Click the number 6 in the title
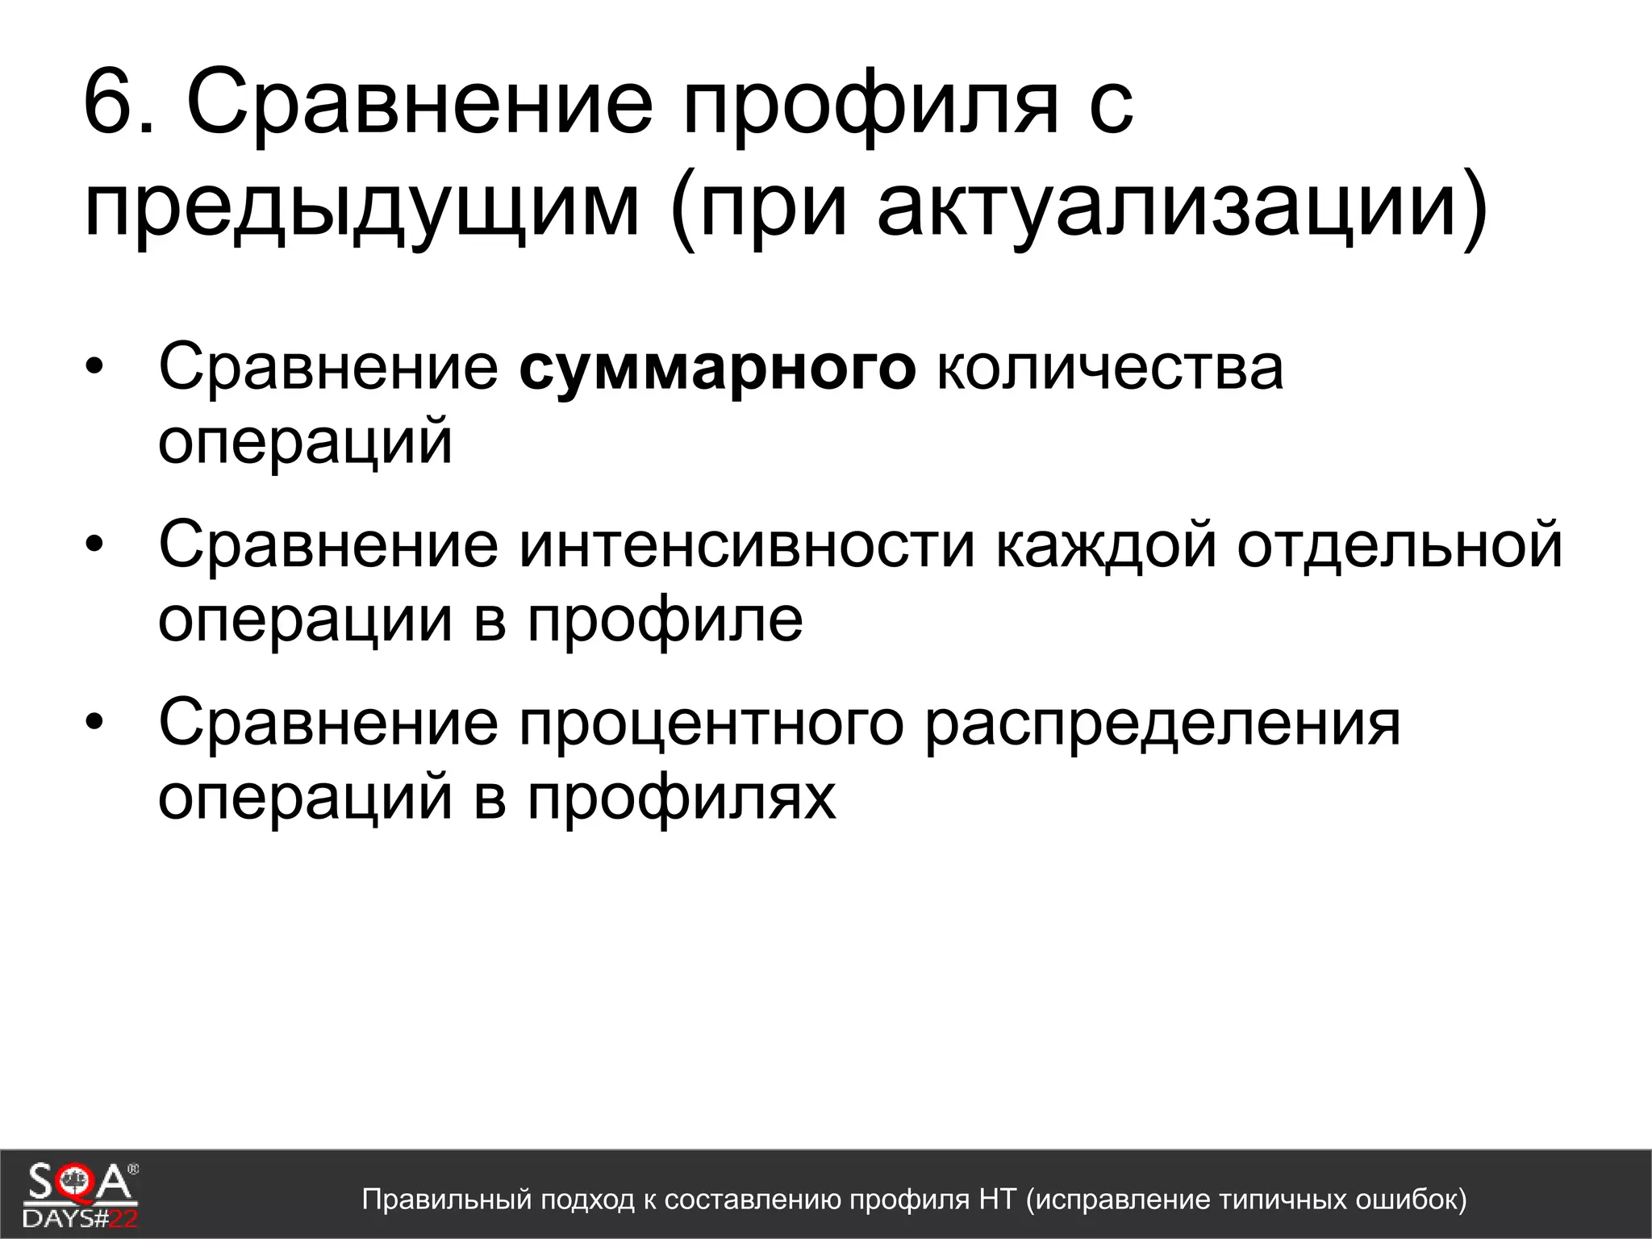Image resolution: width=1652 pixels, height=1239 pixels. pos(111,102)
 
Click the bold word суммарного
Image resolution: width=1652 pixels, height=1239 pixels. pos(717,368)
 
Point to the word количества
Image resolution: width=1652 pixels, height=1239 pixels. pos(1109,368)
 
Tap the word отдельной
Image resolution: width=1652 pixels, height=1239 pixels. pos(1400,545)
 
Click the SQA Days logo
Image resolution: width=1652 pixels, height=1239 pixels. pos(81,1194)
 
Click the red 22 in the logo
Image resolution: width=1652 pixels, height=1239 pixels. pos(123,1218)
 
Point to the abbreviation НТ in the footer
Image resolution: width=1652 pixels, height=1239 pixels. pos(997,1199)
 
